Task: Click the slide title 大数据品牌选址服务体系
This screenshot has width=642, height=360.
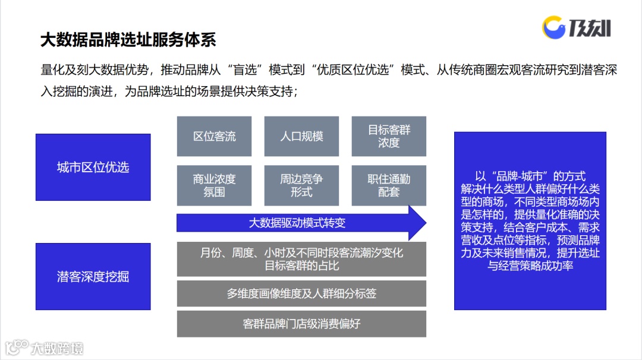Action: click(x=128, y=40)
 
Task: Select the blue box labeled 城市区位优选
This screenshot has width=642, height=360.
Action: click(x=93, y=167)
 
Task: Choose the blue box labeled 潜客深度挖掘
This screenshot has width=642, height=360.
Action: click(x=93, y=276)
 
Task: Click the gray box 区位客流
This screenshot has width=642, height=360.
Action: click(x=214, y=136)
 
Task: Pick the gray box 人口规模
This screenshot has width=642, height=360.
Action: click(x=301, y=136)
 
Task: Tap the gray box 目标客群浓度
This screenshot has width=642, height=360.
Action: click(x=389, y=136)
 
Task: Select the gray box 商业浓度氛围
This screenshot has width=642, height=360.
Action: click(x=214, y=185)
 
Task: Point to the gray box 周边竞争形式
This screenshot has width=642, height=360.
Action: click(x=301, y=185)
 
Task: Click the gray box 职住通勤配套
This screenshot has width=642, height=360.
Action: click(x=389, y=185)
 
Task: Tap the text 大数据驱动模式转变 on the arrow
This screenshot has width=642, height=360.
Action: click(x=297, y=223)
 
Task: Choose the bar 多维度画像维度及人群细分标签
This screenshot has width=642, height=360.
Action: click(x=301, y=293)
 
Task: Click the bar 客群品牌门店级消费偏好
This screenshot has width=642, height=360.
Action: click(x=301, y=324)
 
